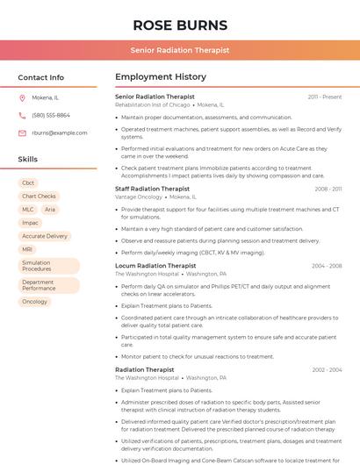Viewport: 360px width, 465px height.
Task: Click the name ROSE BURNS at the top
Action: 180,25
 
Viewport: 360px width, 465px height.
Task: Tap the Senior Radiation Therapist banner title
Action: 180,50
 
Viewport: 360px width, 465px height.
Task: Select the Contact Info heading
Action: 41,77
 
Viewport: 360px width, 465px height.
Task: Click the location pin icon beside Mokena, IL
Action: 22,98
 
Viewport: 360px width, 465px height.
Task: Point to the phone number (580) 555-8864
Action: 51,115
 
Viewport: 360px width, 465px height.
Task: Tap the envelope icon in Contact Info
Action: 22,132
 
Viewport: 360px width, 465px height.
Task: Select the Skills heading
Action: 28,160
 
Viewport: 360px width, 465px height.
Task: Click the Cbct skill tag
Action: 28,183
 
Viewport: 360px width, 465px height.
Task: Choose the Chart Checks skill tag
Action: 39,197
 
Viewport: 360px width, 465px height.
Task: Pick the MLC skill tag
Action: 28,210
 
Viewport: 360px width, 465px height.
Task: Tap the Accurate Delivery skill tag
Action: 45,236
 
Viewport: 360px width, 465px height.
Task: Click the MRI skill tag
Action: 27,249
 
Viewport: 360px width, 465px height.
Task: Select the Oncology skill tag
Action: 35,302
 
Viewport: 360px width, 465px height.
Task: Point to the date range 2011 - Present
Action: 324,97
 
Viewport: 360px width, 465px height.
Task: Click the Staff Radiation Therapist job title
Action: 152,189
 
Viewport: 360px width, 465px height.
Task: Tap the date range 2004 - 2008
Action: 327,266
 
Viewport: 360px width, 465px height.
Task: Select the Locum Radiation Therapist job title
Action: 155,266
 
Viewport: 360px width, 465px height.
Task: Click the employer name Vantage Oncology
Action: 139,197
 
